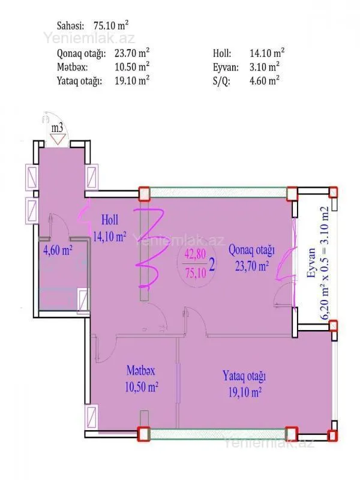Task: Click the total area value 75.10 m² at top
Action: point(111,26)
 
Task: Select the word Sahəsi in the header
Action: point(71,26)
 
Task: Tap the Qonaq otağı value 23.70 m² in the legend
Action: point(132,53)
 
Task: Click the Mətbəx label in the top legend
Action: point(71,67)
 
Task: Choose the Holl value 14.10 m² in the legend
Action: point(267,53)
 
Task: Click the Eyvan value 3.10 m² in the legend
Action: point(265,67)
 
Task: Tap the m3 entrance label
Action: point(58,127)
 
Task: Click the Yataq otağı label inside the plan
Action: point(244,384)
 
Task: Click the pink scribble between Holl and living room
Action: point(148,247)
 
